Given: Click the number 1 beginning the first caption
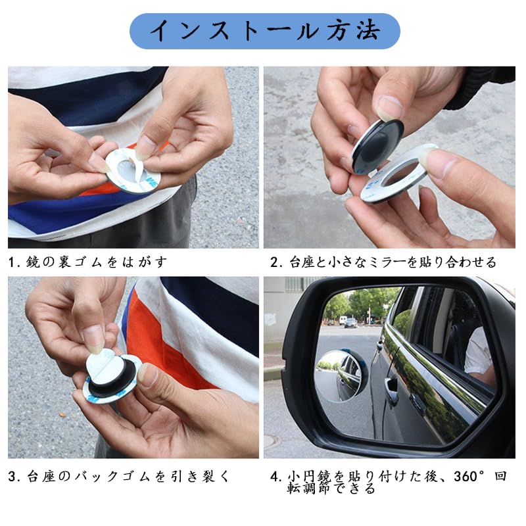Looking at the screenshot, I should [x=12, y=262].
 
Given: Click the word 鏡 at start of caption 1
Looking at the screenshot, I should [x=34, y=262].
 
